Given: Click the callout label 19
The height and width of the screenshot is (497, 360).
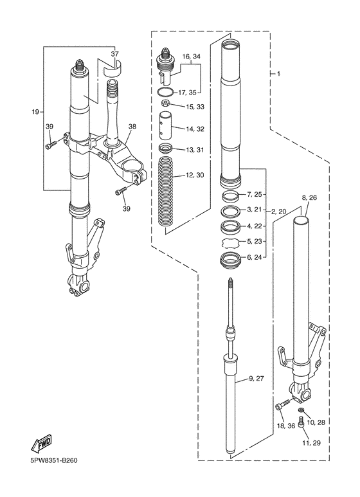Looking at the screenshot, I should [36, 111].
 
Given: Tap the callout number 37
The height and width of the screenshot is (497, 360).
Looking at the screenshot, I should [114, 55].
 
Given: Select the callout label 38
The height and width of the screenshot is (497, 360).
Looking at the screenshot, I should [132, 127].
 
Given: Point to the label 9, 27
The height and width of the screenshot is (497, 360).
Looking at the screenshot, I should [256, 379].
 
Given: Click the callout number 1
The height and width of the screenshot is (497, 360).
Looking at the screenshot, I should [278, 74].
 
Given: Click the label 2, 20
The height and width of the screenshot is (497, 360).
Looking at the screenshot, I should [278, 211].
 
